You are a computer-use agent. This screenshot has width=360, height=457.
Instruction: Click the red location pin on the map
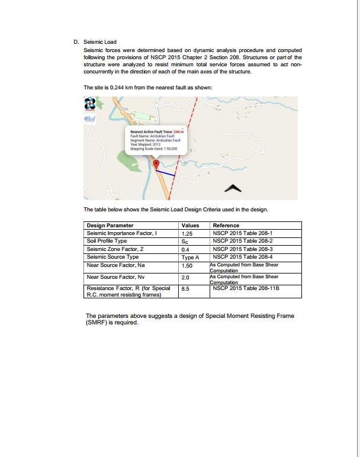pos(156,164)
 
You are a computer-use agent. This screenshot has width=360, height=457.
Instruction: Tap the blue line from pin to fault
pos(166,172)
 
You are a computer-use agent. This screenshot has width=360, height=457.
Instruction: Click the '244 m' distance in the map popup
pos(179,131)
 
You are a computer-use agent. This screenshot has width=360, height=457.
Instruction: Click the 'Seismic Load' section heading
pos(101,42)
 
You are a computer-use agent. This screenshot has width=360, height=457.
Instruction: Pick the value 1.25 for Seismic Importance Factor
pos(187,233)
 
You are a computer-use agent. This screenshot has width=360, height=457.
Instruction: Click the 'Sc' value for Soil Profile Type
pos(185,242)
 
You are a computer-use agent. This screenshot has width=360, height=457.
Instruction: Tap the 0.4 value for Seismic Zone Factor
pos(185,249)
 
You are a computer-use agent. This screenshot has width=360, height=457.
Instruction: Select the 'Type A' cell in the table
pos(189,257)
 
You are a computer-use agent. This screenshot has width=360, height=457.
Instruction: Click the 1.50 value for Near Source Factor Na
pos(187,266)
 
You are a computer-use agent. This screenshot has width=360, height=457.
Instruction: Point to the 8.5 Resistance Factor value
pos(185,289)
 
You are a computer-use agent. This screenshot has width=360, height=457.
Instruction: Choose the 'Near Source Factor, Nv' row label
pos(115,276)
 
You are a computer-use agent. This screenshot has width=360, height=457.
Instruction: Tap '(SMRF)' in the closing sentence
pos(95,323)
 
